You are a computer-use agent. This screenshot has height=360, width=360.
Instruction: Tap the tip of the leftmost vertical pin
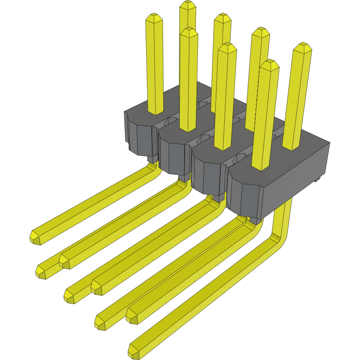(153, 18)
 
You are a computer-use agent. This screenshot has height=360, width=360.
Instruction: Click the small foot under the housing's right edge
(317, 180)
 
